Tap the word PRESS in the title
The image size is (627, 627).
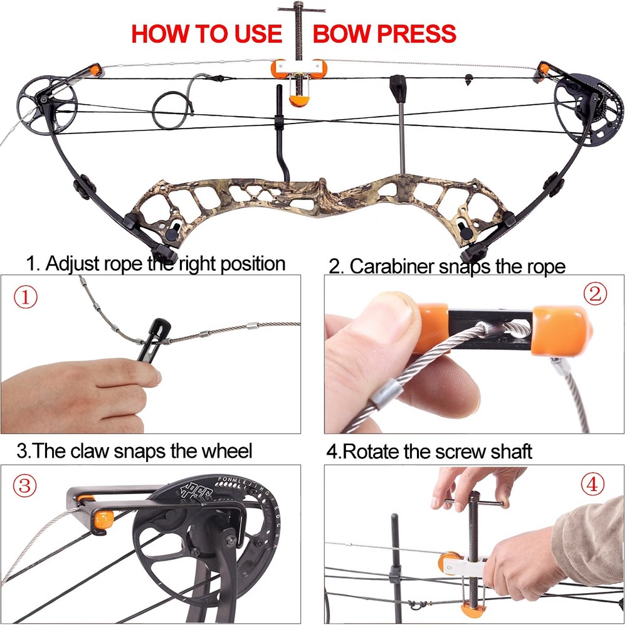tap(416, 33)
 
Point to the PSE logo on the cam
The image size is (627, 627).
tap(194, 488)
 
